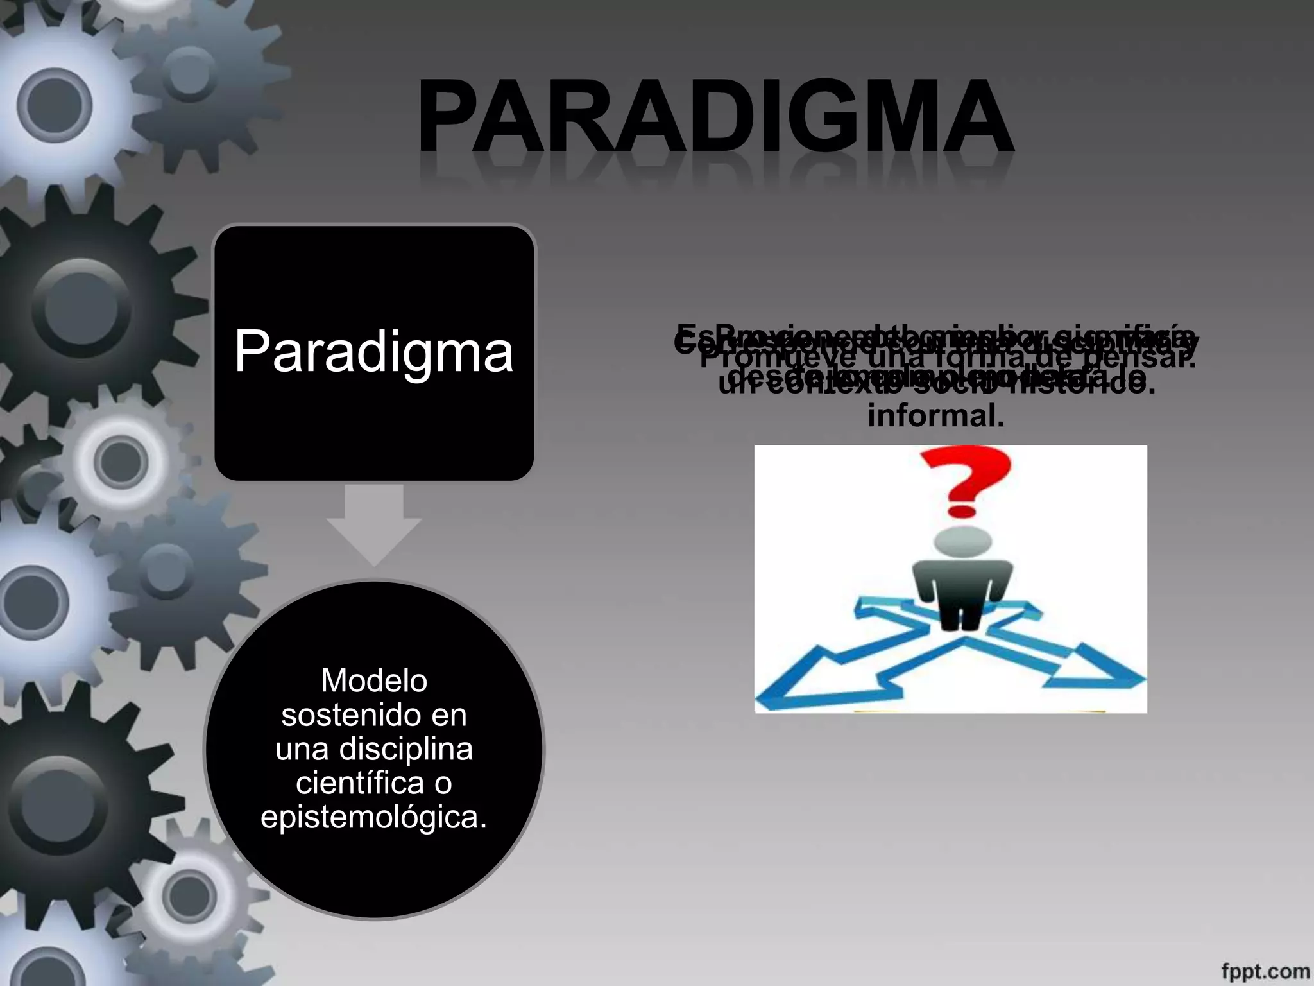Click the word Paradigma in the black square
pyautogui.click(x=373, y=351)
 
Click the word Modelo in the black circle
pyautogui.click(x=374, y=680)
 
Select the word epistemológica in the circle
pyautogui.click(x=374, y=817)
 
